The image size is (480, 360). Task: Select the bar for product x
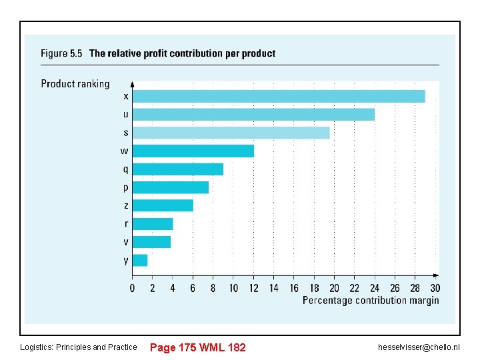(x=279, y=96)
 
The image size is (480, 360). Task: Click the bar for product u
(x=253, y=115)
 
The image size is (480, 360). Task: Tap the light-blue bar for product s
(x=231, y=133)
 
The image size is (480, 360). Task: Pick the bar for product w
(x=193, y=151)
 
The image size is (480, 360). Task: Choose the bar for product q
(x=178, y=169)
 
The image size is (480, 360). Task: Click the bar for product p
(x=171, y=187)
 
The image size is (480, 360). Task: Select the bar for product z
(x=163, y=205)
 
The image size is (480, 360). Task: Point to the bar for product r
(x=153, y=223)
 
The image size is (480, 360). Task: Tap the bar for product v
(x=151, y=241)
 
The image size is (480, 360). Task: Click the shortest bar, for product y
(x=140, y=260)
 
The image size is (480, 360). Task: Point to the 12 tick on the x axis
(x=253, y=288)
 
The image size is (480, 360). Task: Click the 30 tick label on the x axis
(x=435, y=288)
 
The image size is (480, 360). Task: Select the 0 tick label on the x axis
(x=132, y=288)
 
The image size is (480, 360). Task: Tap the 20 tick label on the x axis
(x=334, y=288)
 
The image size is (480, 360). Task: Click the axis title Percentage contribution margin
(x=371, y=301)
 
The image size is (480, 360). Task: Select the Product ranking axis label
(x=75, y=84)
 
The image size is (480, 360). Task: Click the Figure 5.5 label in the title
(x=61, y=53)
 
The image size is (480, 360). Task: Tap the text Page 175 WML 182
(x=198, y=347)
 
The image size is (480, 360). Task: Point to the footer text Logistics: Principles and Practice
(x=79, y=347)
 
